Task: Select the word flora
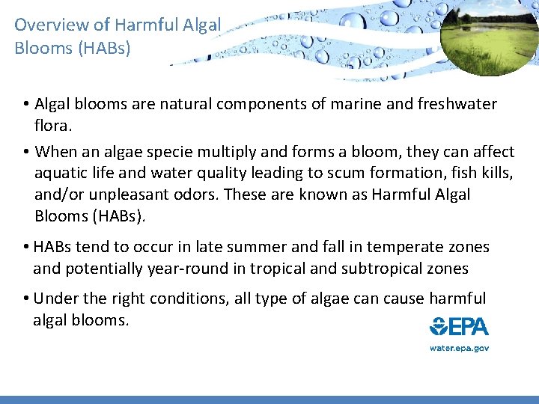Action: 55,125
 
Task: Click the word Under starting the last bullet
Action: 56,299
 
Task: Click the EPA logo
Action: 459,327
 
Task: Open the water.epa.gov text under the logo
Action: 459,348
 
